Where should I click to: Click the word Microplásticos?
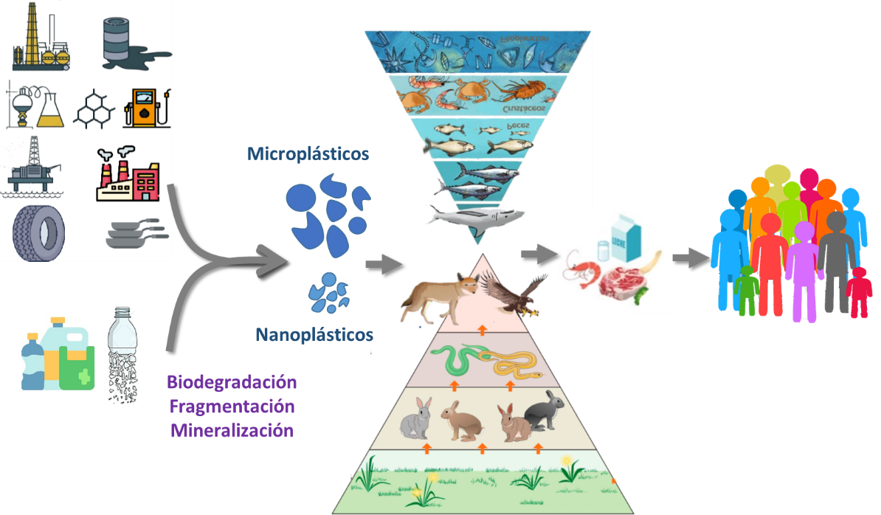pyautogui.click(x=308, y=154)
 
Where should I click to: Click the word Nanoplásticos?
pyautogui.click(x=314, y=335)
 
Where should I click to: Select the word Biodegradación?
pyautogui.click(x=232, y=382)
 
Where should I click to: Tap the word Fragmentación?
pyautogui.click(x=232, y=407)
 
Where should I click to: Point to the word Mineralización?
pyautogui.click(x=232, y=430)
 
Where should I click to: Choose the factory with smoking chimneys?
pyautogui.click(x=128, y=174)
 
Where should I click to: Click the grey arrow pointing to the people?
pyautogui.click(x=689, y=257)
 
